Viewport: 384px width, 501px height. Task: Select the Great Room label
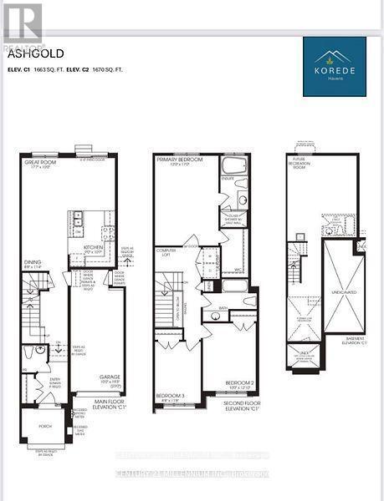[39, 164]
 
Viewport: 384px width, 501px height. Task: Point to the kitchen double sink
[76, 220]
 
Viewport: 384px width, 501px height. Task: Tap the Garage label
[110, 377]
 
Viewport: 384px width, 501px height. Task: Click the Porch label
[45, 426]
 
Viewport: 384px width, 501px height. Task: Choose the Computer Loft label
[166, 253]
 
